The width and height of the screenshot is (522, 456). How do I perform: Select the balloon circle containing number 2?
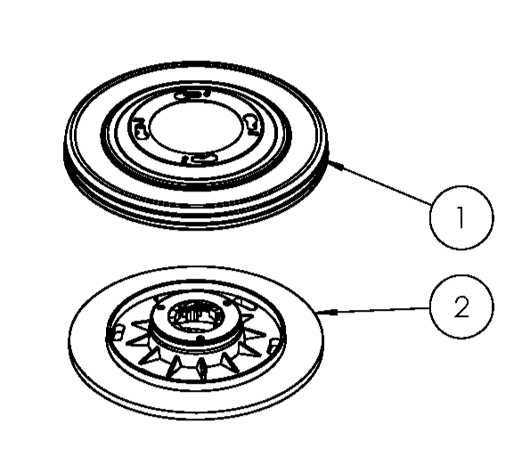460,308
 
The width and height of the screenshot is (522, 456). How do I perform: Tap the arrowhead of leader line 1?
331,163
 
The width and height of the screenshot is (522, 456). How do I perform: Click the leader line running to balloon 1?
383,190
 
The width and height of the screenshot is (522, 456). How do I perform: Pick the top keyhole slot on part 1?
191,93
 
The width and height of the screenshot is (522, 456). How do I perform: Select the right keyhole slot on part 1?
252,122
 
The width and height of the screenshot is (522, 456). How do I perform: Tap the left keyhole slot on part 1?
140,130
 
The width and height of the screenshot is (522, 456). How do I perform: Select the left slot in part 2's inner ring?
116,332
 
